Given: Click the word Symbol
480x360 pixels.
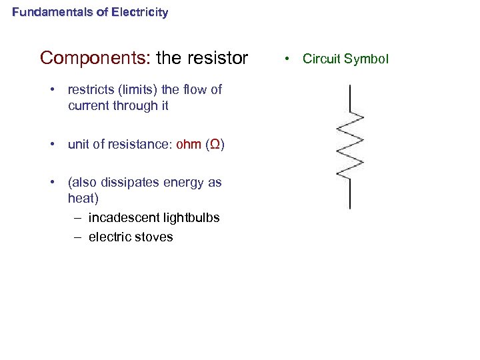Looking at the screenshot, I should tap(365, 59).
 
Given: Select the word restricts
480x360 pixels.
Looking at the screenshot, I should tap(92, 89).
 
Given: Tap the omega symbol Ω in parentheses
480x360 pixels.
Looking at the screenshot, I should tap(215, 145).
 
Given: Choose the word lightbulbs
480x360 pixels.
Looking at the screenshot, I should tap(192, 218).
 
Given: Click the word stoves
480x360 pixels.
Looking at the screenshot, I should tap(154, 237).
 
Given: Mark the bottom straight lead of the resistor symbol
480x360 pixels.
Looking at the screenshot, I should tap(350, 194).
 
